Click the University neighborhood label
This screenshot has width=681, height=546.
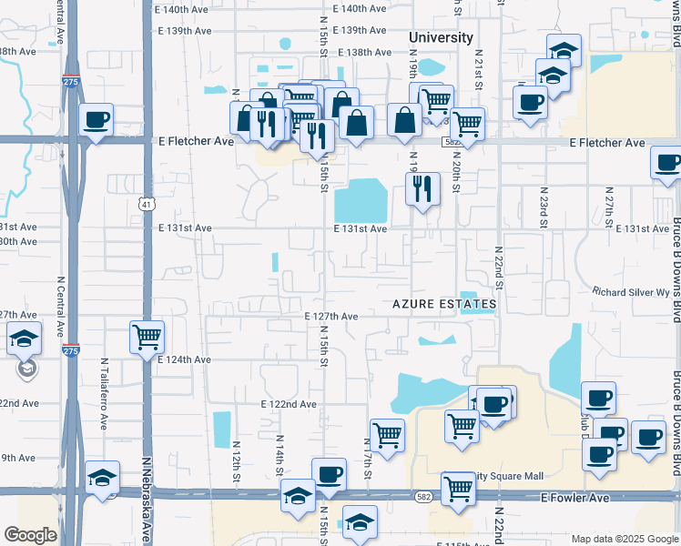click(x=441, y=37)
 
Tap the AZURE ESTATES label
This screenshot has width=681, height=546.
click(x=444, y=303)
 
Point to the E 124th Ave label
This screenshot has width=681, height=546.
click(x=184, y=359)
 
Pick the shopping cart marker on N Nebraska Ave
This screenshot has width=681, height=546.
click(x=147, y=338)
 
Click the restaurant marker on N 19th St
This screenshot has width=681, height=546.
click(x=422, y=188)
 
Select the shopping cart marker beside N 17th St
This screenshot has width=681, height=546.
click(x=388, y=435)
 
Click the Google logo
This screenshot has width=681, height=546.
click(x=30, y=536)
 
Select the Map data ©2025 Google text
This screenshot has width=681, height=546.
click(x=624, y=539)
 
